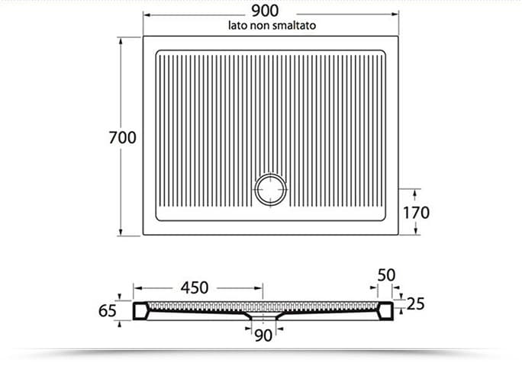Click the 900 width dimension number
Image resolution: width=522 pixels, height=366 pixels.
click(x=265, y=11)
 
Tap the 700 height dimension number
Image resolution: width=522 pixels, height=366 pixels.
click(x=123, y=138)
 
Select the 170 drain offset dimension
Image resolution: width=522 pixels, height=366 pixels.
click(x=416, y=213)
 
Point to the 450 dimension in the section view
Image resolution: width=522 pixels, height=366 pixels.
click(x=195, y=287)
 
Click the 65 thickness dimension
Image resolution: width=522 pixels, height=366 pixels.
click(x=107, y=311)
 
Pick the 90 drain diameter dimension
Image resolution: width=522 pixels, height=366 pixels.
click(x=263, y=335)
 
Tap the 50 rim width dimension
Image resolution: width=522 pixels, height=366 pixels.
click(x=386, y=275)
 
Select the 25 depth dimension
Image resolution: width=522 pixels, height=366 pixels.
click(x=415, y=303)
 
